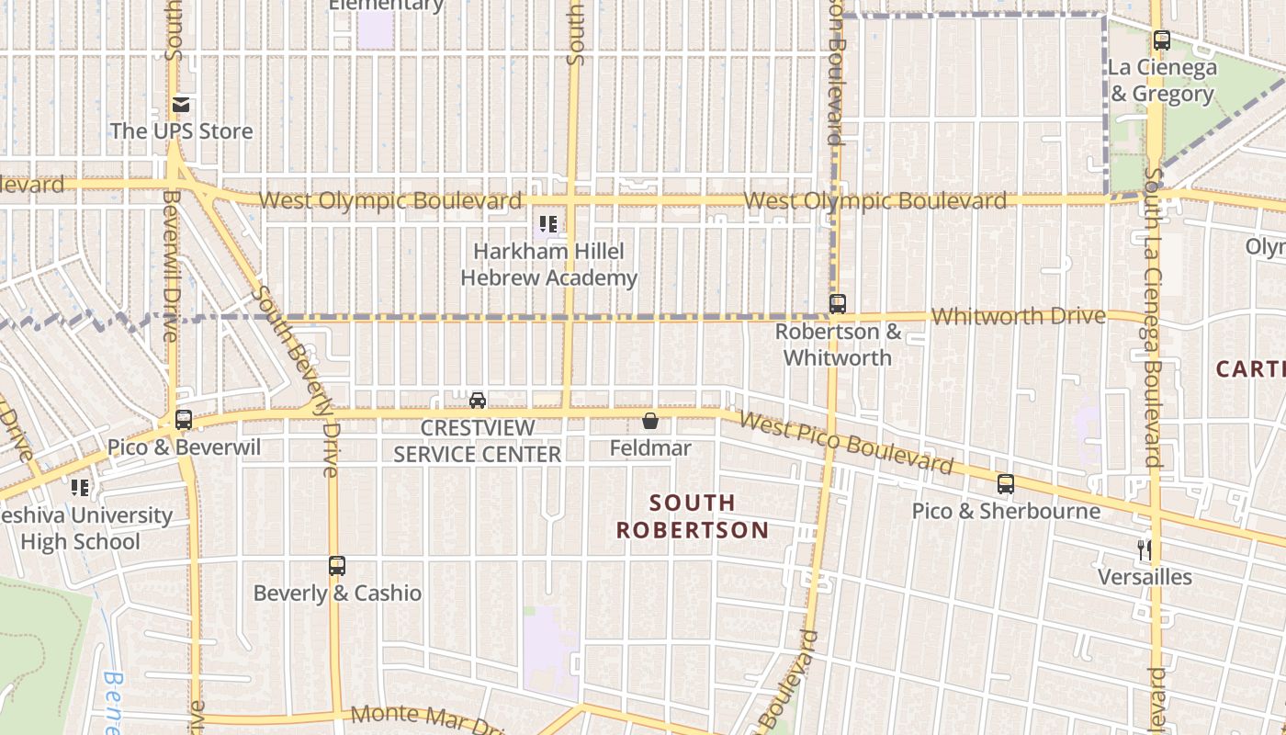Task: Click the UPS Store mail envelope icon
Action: click(181, 105)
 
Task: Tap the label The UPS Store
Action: click(181, 131)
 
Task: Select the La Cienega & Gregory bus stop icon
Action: click(1161, 40)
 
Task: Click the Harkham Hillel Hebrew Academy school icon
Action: click(548, 223)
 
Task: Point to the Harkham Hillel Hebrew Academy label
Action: click(548, 265)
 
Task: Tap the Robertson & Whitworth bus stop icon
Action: click(837, 304)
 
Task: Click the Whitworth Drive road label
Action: click(1018, 316)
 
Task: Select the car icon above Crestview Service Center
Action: click(478, 400)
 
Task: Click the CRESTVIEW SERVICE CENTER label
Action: click(477, 442)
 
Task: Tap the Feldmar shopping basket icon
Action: click(650, 421)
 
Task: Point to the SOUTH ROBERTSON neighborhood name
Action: click(693, 516)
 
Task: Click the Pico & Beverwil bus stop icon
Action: click(184, 420)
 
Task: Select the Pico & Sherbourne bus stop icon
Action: click(1006, 484)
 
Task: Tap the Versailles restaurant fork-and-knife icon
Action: click(1145, 550)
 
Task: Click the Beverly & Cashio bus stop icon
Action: click(337, 566)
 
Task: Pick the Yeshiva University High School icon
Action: click(81, 488)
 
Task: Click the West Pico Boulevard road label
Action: click(846, 443)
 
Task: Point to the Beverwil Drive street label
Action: click(171, 266)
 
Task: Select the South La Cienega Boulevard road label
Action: click(1154, 317)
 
